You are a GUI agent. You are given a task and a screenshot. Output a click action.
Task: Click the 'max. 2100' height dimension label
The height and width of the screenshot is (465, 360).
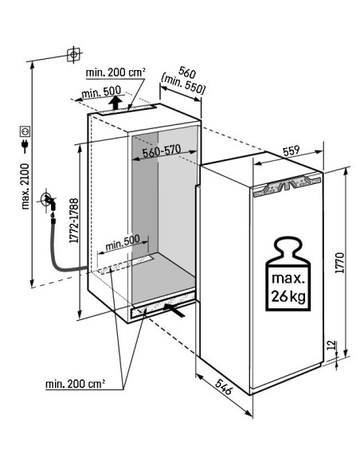coord(25,186)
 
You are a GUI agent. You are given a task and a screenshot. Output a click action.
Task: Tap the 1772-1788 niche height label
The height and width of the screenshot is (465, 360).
coord(74,221)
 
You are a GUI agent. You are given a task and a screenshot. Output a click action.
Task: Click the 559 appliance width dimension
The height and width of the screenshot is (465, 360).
coord(292,150)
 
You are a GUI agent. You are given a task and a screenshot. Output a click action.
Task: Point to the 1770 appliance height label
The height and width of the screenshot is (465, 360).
coord(339,263)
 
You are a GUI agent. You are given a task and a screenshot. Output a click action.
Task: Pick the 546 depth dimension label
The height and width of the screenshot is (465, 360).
coord(223,386)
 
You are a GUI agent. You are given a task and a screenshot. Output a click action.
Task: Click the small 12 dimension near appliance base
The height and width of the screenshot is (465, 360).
coord(332,345)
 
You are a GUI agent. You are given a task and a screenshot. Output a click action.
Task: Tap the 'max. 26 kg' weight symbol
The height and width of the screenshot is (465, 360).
coord(288,273)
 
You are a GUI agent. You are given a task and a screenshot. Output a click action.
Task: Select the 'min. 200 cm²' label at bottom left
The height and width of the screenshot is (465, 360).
coord(76,384)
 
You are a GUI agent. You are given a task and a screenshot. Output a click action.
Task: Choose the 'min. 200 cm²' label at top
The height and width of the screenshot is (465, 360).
coord(115,72)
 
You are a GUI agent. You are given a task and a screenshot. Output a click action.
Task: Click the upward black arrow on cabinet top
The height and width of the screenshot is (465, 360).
coord(115,103)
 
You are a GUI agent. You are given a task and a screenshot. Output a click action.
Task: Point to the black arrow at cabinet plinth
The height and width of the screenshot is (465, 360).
coord(174,309)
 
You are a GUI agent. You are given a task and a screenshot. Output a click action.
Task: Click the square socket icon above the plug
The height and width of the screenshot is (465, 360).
coord(25,131)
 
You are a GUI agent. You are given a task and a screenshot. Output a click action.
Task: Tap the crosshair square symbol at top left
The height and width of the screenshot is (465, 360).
coord(73,55)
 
